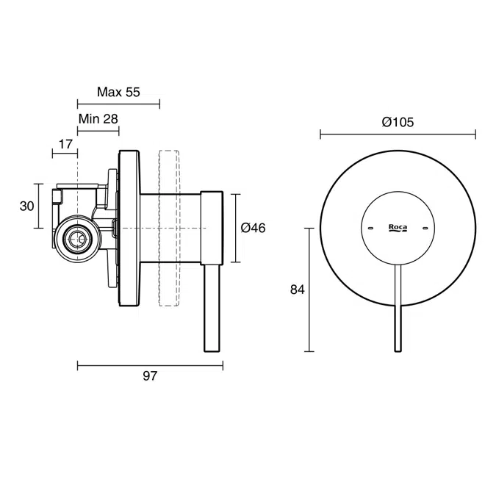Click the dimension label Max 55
tap(118, 92)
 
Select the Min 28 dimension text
tap(98, 118)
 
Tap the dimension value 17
tap(65, 143)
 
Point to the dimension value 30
tap(26, 206)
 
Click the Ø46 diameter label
tap(253, 228)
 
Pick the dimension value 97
tap(150, 376)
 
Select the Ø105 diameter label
tap(398, 122)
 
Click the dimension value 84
tap(297, 290)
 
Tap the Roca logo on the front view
tap(398, 229)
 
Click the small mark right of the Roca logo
tap(424, 229)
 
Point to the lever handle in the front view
tap(398, 309)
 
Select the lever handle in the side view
tap(212, 309)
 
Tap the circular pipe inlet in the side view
tap(75, 237)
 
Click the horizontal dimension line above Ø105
tap(398, 134)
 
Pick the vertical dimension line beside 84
tap(309, 290)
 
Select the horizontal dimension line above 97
tap(150, 364)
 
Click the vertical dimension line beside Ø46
tap(235, 228)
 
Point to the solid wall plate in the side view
tap(129, 228)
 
